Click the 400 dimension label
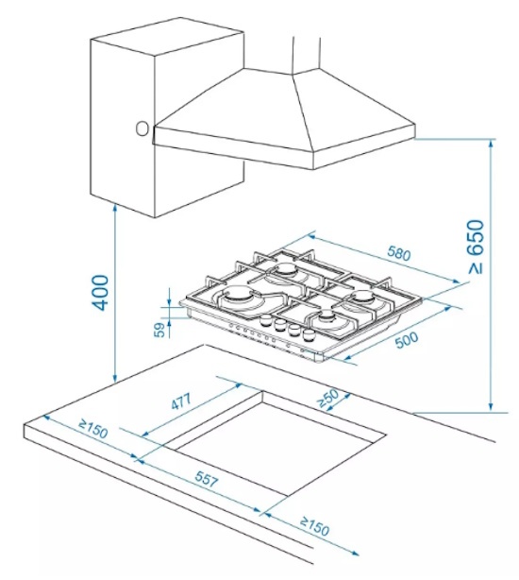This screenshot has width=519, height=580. [x=100, y=293]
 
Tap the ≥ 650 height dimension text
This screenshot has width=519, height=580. [x=476, y=247]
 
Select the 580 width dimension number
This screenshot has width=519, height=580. [x=399, y=253]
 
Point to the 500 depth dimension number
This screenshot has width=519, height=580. [x=407, y=339]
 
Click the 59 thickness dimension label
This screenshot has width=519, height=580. [x=159, y=330]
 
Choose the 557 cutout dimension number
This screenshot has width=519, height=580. [x=207, y=479]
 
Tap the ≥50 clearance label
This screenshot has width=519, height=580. [x=328, y=399]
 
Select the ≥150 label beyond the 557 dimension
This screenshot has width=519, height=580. [x=314, y=526]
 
